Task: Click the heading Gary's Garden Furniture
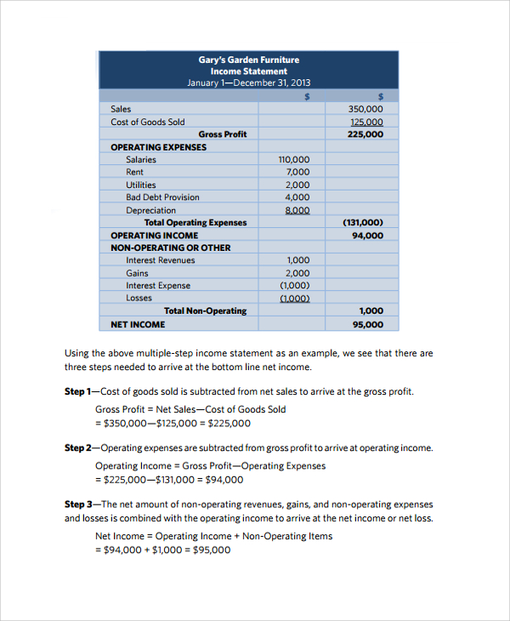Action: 249,60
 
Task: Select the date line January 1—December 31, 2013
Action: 249,83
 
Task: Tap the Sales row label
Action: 121,109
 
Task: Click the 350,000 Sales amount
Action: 365,109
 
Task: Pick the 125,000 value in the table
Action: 365,122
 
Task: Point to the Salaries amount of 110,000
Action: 294,159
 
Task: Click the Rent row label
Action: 134,172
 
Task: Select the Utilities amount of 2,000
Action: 297,185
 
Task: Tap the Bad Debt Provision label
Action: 162,197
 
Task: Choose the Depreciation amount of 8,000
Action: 297,210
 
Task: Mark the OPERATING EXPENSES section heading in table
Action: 158,147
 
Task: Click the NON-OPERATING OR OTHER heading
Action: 170,248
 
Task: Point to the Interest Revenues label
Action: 160,260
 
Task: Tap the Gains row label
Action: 137,273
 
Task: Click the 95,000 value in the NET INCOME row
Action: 367,324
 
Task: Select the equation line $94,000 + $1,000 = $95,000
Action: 162,550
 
